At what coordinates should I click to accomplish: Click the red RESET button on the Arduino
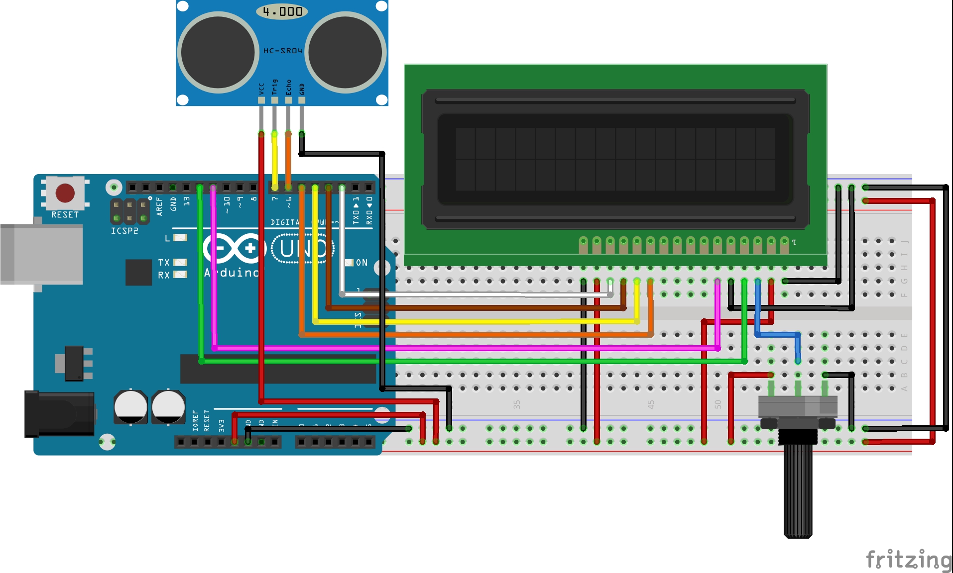click(x=65, y=193)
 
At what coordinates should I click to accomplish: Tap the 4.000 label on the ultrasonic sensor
click(x=282, y=11)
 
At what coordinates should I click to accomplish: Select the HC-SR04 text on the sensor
click(x=282, y=51)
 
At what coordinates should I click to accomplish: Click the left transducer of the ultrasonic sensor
click(x=218, y=52)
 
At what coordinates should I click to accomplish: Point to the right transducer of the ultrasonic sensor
click(x=346, y=52)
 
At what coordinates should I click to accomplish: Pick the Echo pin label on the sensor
click(x=288, y=88)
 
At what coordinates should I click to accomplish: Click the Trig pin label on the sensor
click(x=274, y=87)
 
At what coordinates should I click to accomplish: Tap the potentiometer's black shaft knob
click(x=798, y=490)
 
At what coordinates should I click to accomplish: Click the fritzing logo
click(x=908, y=560)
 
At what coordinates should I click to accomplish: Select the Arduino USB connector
click(x=42, y=254)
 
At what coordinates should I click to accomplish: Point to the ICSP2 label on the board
click(x=124, y=231)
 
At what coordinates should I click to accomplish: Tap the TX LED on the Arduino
click(x=180, y=262)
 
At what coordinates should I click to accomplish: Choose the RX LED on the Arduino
click(x=180, y=275)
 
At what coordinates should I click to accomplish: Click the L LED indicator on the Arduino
click(x=180, y=238)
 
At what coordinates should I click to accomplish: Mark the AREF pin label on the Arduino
click(x=159, y=206)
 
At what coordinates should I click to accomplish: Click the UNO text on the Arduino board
click(x=303, y=248)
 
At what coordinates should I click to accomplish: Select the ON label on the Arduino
click(x=361, y=263)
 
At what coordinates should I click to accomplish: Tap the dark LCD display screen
click(x=615, y=159)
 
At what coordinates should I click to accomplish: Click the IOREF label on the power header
click(x=195, y=421)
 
